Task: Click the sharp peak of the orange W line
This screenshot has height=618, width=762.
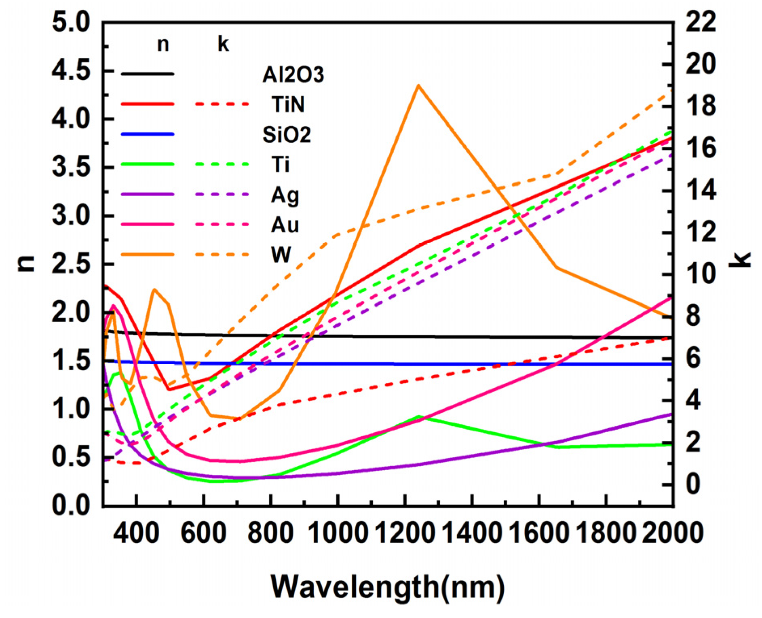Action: click(x=419, y=86)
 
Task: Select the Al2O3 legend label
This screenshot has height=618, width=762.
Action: click(x=293, y=75)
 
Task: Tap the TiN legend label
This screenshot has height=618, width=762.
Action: click(x=288, y=104)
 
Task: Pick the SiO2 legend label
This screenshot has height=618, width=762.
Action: click(x=287, y=135)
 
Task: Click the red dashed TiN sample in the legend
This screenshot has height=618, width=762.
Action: click(x=222, y=104)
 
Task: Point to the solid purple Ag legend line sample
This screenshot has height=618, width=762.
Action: click(x=148, y=194)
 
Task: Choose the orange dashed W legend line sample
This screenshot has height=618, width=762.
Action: click(x=222, y=255)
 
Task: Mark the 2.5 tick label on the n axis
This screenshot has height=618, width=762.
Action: click(x=71, y=264)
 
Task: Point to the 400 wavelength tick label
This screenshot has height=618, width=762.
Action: click(x=137, y=533)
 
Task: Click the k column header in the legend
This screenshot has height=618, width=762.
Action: click(x=223, y=44)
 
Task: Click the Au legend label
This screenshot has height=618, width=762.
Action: click(x=285, y=225)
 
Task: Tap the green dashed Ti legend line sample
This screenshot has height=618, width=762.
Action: click(x=222, y=164)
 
